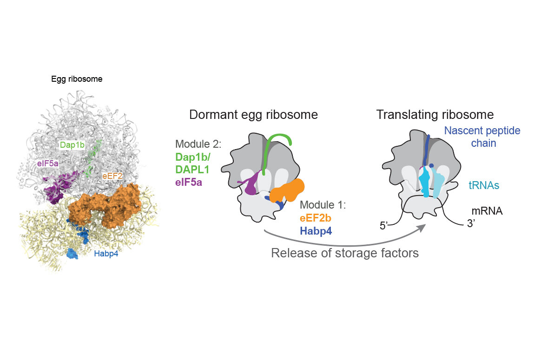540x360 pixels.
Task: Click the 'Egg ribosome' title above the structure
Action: click(77, 79)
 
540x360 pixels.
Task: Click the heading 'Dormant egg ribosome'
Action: click(253, 115)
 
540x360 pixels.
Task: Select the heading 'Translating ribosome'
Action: click(435, 115)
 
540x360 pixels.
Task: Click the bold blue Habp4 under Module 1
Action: click(316, 230)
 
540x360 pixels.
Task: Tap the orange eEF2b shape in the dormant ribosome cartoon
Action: click(288, 190)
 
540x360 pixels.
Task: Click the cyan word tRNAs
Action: click(484, 185)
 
